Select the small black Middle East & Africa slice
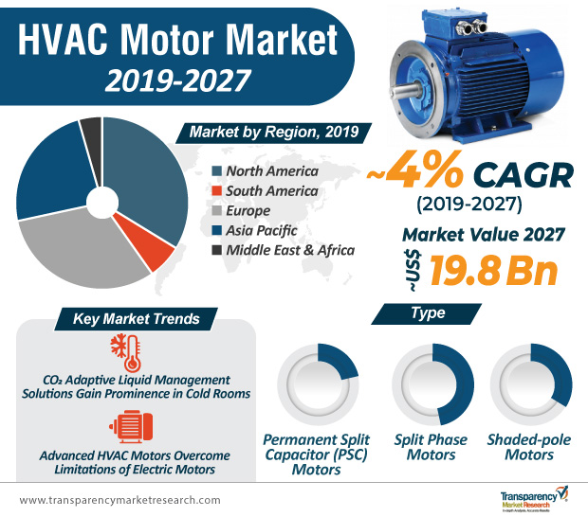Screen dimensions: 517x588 [91, 131]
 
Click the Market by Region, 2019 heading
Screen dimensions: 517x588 [273, 132]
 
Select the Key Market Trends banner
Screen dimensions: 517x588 [137, 319]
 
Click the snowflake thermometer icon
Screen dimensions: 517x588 [126, 351]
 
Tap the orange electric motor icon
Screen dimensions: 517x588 [129, 425]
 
